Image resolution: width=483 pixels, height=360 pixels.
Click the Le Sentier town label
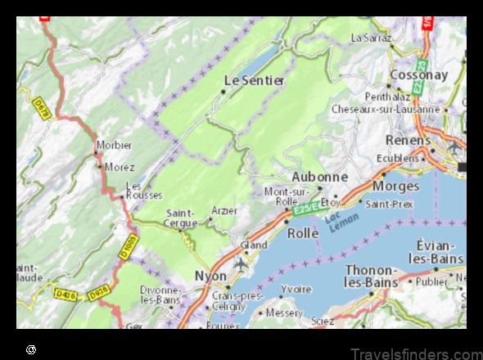click(255, 80)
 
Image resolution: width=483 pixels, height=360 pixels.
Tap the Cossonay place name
click(418, 74)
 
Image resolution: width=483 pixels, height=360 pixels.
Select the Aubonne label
click(320, 177)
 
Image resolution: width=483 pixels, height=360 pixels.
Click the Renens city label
click(408, 140)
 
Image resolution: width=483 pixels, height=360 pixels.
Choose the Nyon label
click(210, 276)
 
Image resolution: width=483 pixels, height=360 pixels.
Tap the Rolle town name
click(303, 233)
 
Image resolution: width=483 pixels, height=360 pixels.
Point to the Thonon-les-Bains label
click(371, 276)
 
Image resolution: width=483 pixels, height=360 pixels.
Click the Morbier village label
click(114, 145)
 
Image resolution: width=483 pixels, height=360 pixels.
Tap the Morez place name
click(120, 166)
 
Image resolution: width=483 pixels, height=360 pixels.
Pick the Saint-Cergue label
click(180, 218)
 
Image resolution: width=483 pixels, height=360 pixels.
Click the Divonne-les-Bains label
click(160, 295)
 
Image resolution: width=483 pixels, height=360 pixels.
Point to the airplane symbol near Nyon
click(241, 264)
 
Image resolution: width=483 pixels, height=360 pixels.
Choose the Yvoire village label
click(296, 289)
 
